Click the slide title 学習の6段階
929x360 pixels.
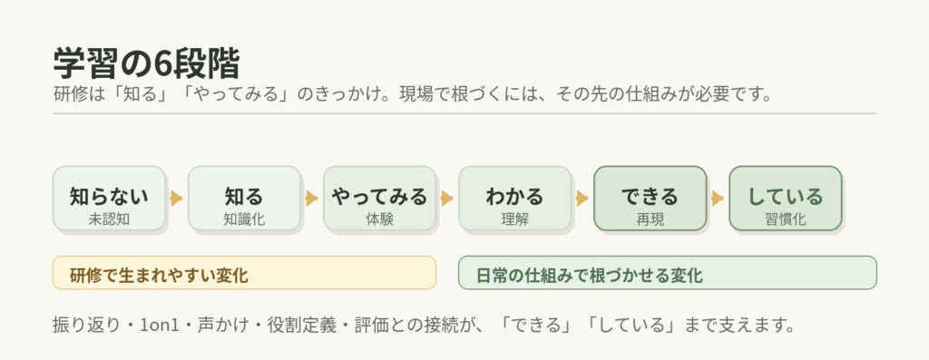(x=146, y=64)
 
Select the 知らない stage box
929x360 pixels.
(x=109, y=198)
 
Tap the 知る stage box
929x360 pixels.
(x=244, y=198)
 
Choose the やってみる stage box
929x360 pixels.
(x=379, y=198)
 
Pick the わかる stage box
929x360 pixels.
(x=514, y=198)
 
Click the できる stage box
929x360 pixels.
(x=650, y=198)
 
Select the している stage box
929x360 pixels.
(x=786, y=198)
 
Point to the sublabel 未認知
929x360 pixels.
(x=109, y=219)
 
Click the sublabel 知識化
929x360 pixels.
(x=244, y=219)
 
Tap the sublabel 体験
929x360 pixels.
(x=379, y=219)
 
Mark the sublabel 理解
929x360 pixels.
(x=514, y=219)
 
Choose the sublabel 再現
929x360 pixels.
(x=650, y=219)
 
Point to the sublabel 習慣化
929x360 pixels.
(x=786, y=219)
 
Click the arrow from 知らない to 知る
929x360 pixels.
(x=176, y=198)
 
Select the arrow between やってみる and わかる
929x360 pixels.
(x=446, y=198)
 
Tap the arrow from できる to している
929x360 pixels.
(x=717, y=198)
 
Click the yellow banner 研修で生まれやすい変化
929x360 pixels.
(x=244, y=273)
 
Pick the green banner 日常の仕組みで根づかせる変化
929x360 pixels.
(x=668, y=273)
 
